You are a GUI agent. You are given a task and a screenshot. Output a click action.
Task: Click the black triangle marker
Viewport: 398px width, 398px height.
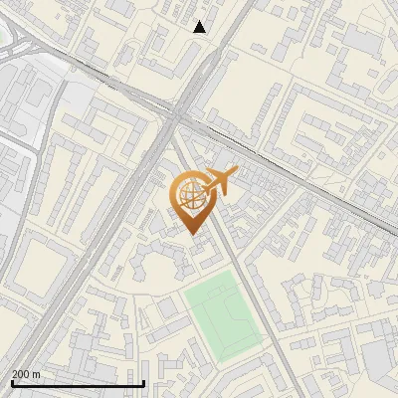[x=200, y=27]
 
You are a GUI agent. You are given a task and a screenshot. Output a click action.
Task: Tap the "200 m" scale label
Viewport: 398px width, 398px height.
[x=26, y=374]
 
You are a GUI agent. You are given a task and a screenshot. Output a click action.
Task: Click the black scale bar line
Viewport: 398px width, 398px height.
[x=78, y=383]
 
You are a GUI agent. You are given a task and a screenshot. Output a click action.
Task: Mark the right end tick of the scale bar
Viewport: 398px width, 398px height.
[x=144, y=381]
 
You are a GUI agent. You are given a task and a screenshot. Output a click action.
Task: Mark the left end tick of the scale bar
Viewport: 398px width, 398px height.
[x=11, y=381]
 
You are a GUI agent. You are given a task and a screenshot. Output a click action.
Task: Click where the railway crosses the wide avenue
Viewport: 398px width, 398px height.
[x=179, y=111]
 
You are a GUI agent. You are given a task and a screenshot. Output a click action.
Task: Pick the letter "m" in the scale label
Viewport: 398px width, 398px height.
[x=36, y=374]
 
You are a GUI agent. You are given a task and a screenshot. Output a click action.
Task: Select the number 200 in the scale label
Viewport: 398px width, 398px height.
[x=21, y=374]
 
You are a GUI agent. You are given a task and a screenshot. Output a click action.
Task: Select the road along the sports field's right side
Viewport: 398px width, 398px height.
[x=261, y=318]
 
